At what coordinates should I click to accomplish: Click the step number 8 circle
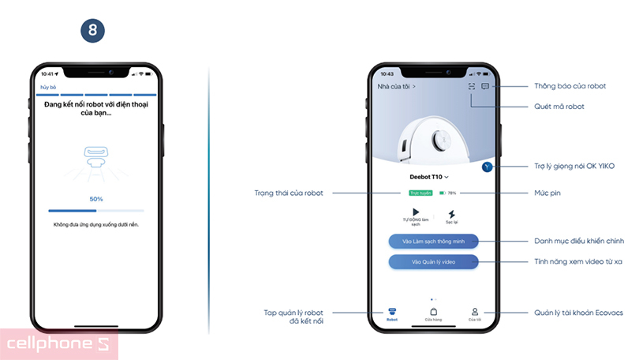[93, 31]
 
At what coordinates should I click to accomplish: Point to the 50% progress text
[95, 199]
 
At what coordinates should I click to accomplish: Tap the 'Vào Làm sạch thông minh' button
[433, 241]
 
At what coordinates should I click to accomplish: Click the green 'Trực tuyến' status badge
[420, 193]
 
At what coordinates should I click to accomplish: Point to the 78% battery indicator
[448, 193]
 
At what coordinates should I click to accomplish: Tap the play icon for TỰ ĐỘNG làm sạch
[415, 213]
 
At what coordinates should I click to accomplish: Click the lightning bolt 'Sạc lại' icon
[451, 214]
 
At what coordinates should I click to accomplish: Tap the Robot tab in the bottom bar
[392, 313]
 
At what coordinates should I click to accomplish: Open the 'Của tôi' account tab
[474, 313]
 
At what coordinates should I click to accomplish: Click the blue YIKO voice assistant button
[487, 167]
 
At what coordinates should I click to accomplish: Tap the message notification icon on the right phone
[485, 86]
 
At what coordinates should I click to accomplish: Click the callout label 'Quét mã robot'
[559, 106]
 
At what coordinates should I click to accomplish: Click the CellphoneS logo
[59, 344]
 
